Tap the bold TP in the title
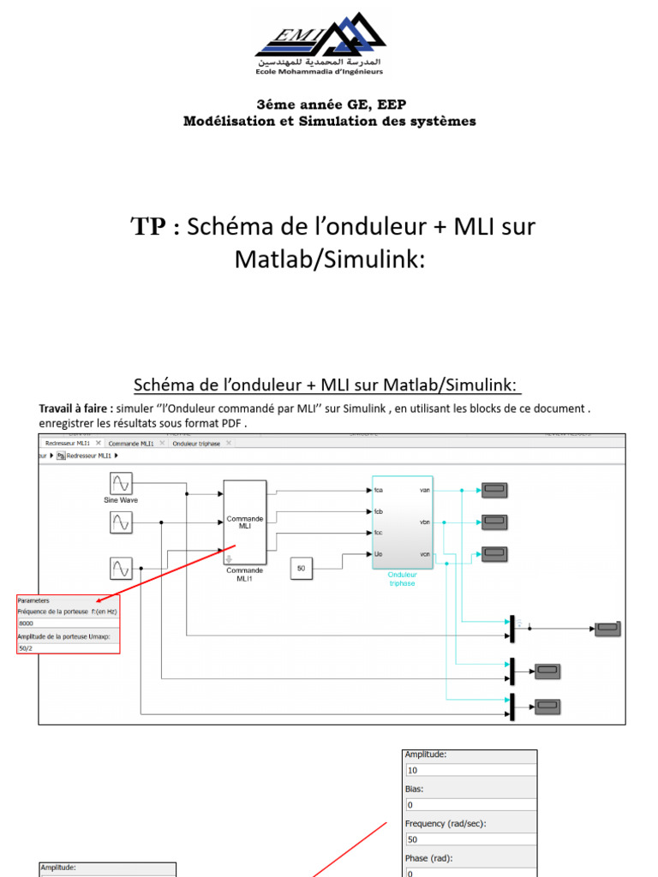pyautogui.click(x=150, y=227)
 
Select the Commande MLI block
pyautogui.click(x=244, y=522)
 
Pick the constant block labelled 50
pyautogui.click(x=301, y=568)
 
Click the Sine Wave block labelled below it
pyautogui.click(x=121, y=482)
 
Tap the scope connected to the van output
pyautogui.click(x=493, y=490)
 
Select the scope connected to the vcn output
pyautogui.click(x=493, y=553)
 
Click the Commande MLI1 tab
pyautogui.click(x=132, y=444)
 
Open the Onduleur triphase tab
pyautogui.click(x=196, y=444)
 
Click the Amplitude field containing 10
pyautogui.click(x=470, y=771)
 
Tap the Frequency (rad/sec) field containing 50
pyautogui.click(x=470, y=840)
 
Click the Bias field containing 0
pyautogui.click(x=470, y=805)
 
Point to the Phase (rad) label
pyautogui.click(x=428, y=857)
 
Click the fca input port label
pyautogui.click(x=379, y=491)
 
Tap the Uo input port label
pyautogui.click(x=378, y=554)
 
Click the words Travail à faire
pyautogui.click(x=75, y=409)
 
